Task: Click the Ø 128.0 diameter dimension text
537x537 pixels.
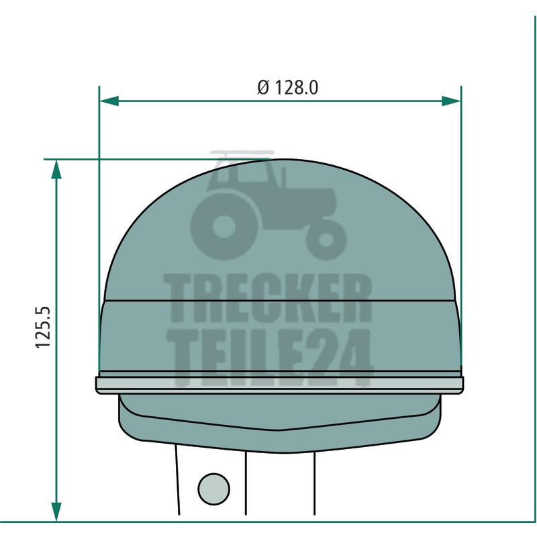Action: coord(288,87)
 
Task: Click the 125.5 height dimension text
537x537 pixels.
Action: coord(43,328)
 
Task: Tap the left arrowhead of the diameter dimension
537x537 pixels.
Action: coord(109,101)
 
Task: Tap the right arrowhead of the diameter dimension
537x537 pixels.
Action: coord(451,101)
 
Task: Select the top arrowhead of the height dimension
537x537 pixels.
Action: coord(56,169)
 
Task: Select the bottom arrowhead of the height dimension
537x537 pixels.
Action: coord(56,512)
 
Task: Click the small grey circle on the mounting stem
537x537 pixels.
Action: coord(214,489)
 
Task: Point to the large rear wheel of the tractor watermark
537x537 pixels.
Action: coord(224,227)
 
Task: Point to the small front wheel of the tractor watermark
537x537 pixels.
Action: coord(326,240)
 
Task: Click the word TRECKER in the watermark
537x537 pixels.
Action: coord(267,298)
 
